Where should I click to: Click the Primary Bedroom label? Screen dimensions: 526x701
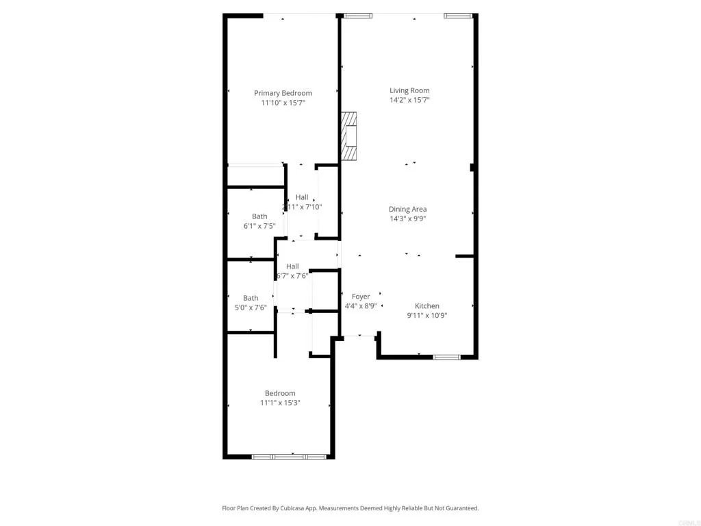pyautogui.click(x=283, y=93)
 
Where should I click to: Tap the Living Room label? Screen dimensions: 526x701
pyautogui.click(x=409, y=90)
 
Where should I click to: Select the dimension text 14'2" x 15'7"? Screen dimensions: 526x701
pyautogui.click(x=409, y=100)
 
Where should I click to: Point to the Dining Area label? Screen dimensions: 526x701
pyautogui.click(x=408, y=210)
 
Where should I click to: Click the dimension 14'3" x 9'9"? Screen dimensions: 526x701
pyautogui.click(x=408, y=219)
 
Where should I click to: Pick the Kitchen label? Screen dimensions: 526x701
pyautogui.click(x=427, y=306)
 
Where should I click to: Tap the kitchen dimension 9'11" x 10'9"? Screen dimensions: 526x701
pyautogui.click(x=427, y=316)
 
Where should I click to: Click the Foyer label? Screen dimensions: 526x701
pyautogui.click(x=361, y=297)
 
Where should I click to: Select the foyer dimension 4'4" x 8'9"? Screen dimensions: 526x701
pyautogui.click(x=361, y=306)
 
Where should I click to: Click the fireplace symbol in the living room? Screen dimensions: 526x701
pyautogui.click(x=350, y=137)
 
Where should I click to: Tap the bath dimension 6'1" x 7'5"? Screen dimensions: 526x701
pyautogui.click(x=259, y=226)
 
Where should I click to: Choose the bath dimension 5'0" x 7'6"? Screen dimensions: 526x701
pyautogui.click(x=251, y=308)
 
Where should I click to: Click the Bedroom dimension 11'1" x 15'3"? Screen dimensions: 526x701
pyautogui.click(x=280, y=403)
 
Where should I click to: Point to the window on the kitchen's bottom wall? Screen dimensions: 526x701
pyautogui.click(x=446, y=357)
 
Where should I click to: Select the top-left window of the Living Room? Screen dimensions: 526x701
pyautogui.click(x=358, y=16)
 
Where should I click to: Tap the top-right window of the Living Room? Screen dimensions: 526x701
pyautogui.click(x=458, y=16)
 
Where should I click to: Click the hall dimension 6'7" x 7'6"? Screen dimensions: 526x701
pyautogui.click(x=292, y=276)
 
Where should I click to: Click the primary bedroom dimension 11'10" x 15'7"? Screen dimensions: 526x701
pyautogui.click(x=283, y=103)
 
